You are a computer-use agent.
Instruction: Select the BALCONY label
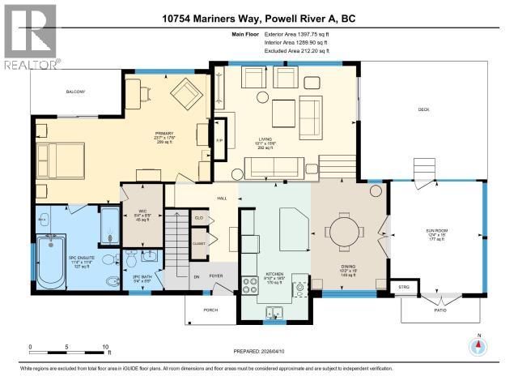pos(75,92)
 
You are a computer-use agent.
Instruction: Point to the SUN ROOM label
pos(436,233)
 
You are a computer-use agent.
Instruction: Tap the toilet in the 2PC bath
pos(132,259)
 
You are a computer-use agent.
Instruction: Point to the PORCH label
pos(208,306)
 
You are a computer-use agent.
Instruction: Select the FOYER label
pos(217,276)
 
